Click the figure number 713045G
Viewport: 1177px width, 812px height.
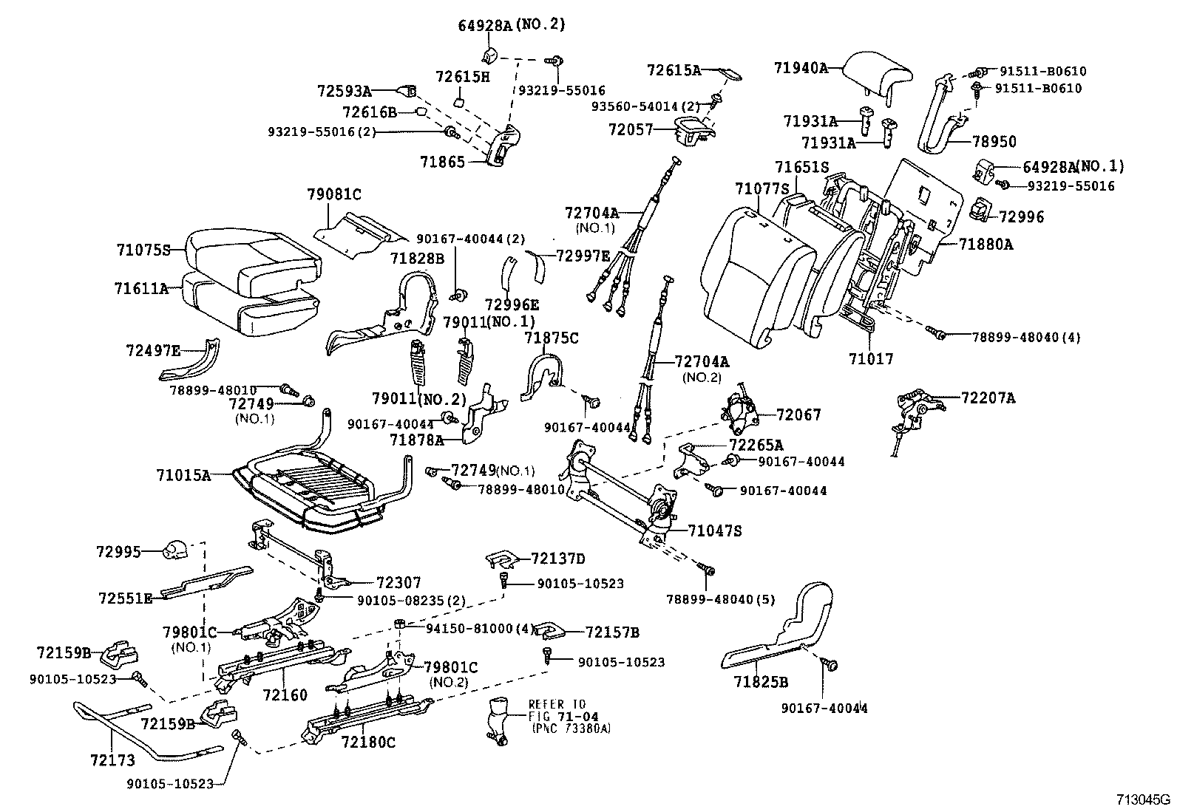point(1144,799)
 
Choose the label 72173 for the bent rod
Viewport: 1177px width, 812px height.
point(112,759)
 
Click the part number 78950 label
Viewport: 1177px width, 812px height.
point(994,141)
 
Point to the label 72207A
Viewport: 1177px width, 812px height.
point(988,398)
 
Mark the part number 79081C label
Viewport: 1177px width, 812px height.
point(334,195)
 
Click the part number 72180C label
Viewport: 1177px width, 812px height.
point(368,742)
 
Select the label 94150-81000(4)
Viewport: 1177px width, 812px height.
point(480,628)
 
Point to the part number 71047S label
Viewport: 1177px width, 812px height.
point(714,530)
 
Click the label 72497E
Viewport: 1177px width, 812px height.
point(153,350)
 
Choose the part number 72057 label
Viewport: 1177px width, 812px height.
point(631,129)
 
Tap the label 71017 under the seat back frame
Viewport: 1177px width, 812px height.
point(871,359)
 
